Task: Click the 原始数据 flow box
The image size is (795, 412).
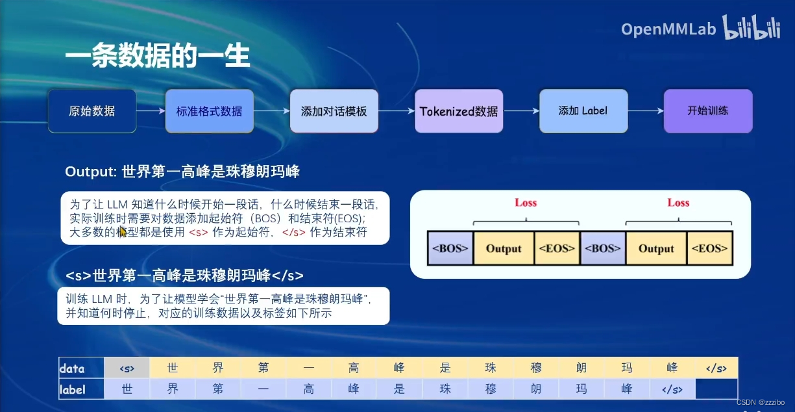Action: tap(92, 111)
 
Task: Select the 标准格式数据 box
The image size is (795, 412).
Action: tap(209, 111)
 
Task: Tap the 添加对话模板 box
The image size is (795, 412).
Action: tap(334, 111)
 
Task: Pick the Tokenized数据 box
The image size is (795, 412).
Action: tap(459, 111)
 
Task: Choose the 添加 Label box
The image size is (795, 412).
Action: tap(583, 111)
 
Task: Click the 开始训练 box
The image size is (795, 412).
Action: tap(707, 111)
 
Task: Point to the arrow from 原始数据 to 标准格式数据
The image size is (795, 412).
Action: tap(151, 111)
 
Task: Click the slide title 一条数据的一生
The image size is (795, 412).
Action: tap(157, 57)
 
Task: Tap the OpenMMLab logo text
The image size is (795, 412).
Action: tap(668, 29)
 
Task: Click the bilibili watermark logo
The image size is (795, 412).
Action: tap(752, 29)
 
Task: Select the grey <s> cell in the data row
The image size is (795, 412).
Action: tap(127, 368)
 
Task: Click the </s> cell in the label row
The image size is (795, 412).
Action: tap(672, 389)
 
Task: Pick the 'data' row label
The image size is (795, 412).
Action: tap(72, 368)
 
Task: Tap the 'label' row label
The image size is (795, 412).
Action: tap(73, 389)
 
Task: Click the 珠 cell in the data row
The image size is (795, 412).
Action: tap(491, 368)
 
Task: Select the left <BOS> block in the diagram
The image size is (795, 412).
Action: tap(450, 248)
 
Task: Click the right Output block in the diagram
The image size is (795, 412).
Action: tap(656, 248)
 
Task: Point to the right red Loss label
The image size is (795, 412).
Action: tap(678, 203)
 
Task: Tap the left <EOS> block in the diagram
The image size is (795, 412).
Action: tap(557, 248)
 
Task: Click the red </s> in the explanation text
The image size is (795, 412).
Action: tap(294, 232)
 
